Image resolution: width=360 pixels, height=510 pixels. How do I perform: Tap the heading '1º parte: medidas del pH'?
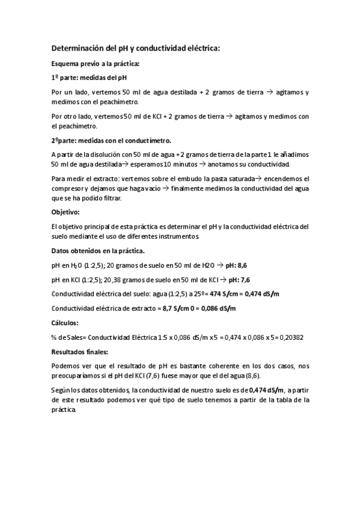pos(89,78)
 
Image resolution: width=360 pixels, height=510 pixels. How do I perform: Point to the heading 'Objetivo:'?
pos(69,212)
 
